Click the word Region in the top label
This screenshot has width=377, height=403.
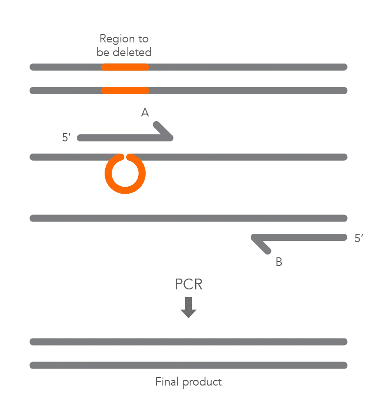[x=117, y=39]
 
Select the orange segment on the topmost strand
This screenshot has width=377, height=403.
[x=125, y=67]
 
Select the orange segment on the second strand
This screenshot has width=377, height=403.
[x=125, y=90]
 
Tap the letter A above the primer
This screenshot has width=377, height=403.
[x=145, y=112]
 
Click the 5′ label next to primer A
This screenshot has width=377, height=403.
[x=66, y=137]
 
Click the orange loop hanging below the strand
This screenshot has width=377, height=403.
[x=125, y=173]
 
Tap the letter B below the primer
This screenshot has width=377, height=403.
[x=279, y=262]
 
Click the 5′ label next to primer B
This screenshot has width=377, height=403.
[x=359, y=238]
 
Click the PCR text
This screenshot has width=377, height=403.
[x=188, y=284]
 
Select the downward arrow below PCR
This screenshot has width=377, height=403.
[x=188, y=307]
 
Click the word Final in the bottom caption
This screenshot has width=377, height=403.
[x=167, y=381]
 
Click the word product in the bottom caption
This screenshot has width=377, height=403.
[x=202, y=382]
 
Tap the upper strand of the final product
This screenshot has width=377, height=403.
[x=188, y=342]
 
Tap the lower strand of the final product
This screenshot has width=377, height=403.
[x=188, y=365]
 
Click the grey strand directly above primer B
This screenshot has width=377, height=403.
[x=188, y=218]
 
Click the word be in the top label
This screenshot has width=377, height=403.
[x=103, y=52]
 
